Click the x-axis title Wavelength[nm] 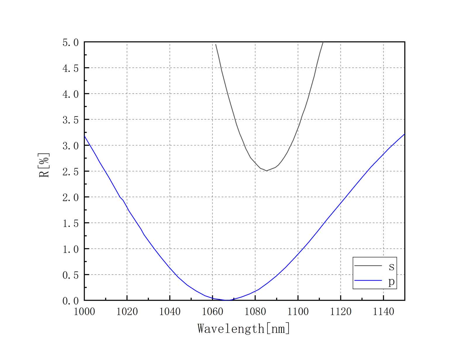tap(244, 328)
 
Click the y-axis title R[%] tap(44, 165)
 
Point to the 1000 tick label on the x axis tap(84, 312)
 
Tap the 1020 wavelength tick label tap(127, 312)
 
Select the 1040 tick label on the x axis tap(170, 312)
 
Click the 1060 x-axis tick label tap(212, 312)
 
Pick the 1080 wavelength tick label tap(255, 312)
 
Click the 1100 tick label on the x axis tap(298, 312)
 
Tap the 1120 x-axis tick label tap(341, 312)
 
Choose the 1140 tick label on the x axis tap(383, 312)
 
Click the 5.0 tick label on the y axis tap(70, 43)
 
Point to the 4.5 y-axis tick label tap(70, 68)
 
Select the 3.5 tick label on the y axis tap(70, 120)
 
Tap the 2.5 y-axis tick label tap(70, 172)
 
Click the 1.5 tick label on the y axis tap(70, 223)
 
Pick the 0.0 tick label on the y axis tap(70, 301)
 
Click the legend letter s tap(391, 266)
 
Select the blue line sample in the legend tap(368, 280)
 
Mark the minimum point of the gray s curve tap(266, 171)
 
